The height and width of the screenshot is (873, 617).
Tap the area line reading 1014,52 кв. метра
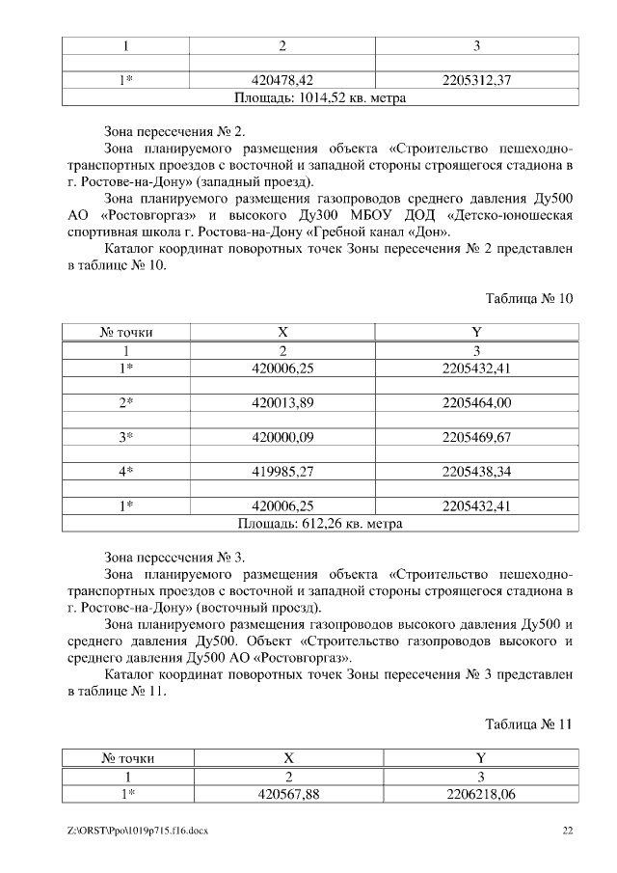pos(320,97)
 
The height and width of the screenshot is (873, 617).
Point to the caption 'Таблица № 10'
pos(529,298)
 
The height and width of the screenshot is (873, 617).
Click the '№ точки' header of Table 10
pos(126,332)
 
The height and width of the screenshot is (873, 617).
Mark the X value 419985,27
pos(282,472)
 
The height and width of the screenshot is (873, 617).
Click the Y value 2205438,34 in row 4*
pos(476,472)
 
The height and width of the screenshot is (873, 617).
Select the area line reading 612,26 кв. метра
pos(320,524)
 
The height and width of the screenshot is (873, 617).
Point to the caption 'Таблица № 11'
pos(529,724)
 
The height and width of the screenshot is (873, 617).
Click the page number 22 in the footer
pos(568,831)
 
